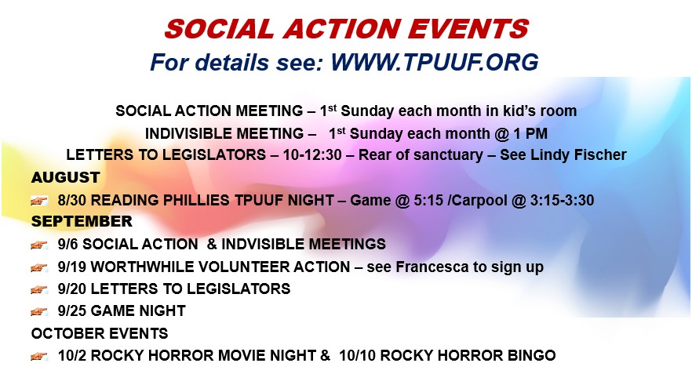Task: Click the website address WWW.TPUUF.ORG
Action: point(435,62)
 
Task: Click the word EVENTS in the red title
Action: point(468,29)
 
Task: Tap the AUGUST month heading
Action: point(65,177)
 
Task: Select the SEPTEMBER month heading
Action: point(82,221)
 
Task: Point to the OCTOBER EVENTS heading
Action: point(100,333)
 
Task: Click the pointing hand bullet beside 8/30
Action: point(39,201)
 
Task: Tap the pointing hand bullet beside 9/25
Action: point(39,311)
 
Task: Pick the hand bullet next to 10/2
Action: point(39,356)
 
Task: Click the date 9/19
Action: point(72,267)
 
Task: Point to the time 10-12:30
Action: point(312,154)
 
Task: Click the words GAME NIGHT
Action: point(138,310)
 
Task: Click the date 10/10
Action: point(357,355)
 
